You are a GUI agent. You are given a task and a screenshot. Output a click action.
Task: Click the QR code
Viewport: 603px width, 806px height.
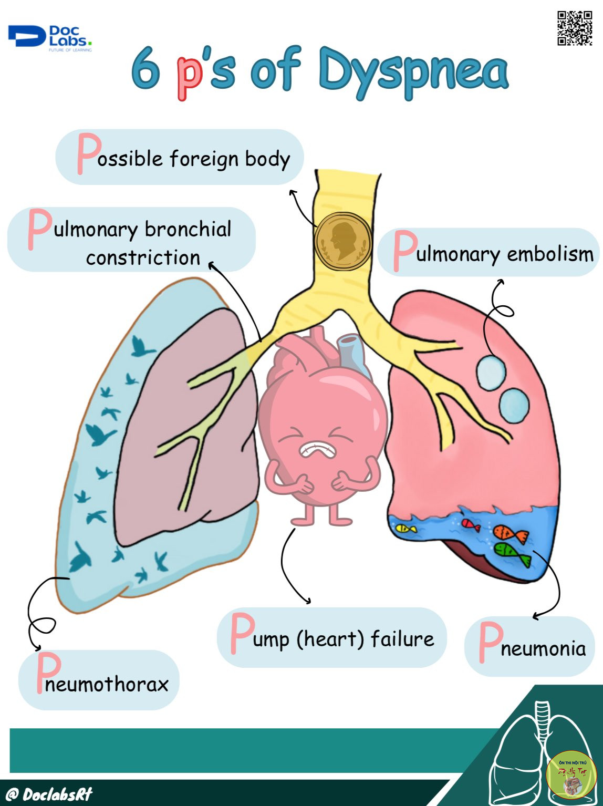(574, 28)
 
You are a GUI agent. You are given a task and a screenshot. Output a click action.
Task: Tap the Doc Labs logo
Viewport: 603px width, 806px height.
(50, 38)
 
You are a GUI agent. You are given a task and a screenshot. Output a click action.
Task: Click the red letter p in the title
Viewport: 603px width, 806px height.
(189, 74)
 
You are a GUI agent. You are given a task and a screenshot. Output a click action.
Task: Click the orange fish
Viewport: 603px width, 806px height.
(509, 534)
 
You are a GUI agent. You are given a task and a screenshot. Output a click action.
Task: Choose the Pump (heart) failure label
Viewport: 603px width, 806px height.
(332, 638)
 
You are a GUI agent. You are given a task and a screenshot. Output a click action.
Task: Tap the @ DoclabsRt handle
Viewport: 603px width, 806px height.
(47, 793)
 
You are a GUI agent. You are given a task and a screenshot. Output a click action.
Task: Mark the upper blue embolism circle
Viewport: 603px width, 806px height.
(491, 373)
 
